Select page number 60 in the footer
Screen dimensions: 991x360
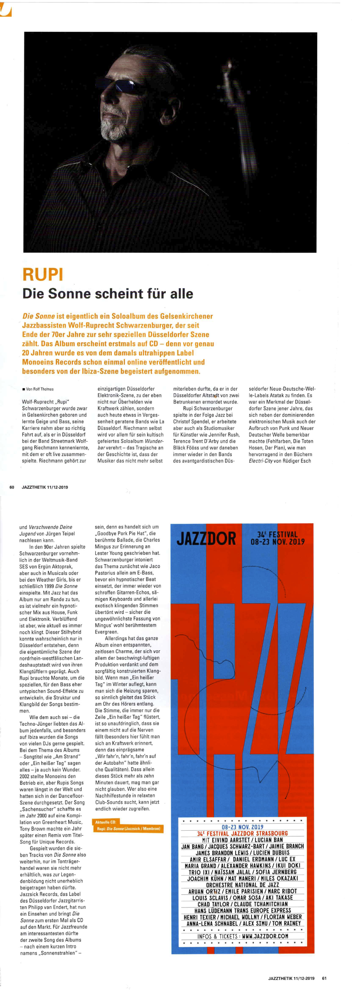12,487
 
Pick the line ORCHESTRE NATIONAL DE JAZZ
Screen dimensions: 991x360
242,885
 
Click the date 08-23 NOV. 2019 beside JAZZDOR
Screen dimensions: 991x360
277,542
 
